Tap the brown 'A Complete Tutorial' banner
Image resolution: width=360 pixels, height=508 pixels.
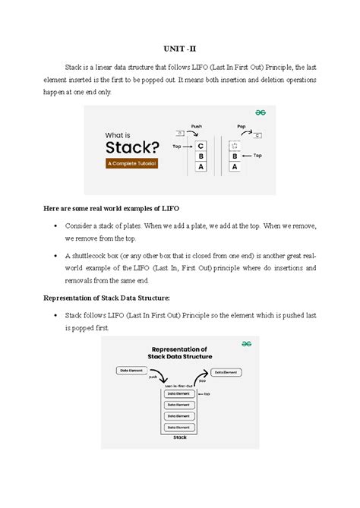131,163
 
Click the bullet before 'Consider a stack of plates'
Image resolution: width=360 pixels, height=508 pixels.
57,226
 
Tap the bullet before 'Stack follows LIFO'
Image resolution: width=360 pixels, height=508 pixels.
57,316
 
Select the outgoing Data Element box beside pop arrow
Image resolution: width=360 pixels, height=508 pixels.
227,372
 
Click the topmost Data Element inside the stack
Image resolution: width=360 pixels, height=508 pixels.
179,394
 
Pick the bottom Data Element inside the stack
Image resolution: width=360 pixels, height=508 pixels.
179,428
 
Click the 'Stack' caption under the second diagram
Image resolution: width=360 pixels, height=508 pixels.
180,438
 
